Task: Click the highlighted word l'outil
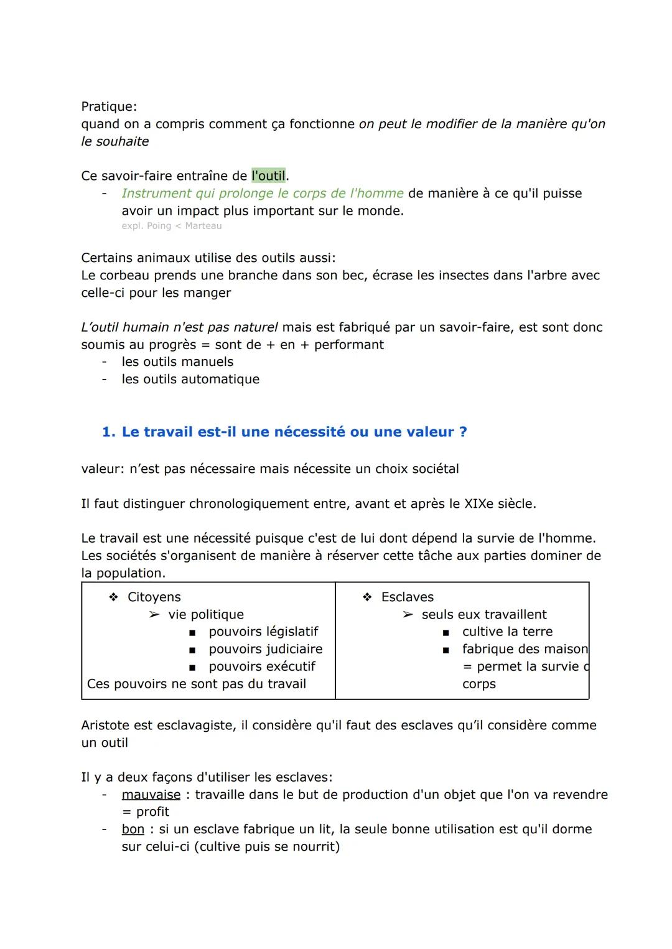click(268, 176)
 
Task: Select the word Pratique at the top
click(107, 106)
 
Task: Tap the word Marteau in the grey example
click(203, 226)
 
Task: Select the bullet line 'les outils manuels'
click(177, 362)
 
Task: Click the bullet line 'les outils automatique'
click(190, 379)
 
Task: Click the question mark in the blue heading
click(463, 432)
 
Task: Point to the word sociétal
click(432, 469)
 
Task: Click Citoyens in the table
click(154, 597)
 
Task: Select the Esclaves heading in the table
click(407, 597)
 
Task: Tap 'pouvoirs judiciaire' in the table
click(265, 649)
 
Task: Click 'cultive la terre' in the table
click(507, 632)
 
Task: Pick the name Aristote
click(106, 725)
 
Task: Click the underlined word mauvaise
click(151, 795)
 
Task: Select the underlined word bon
click(133, 830)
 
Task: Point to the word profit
click(152, 812)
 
